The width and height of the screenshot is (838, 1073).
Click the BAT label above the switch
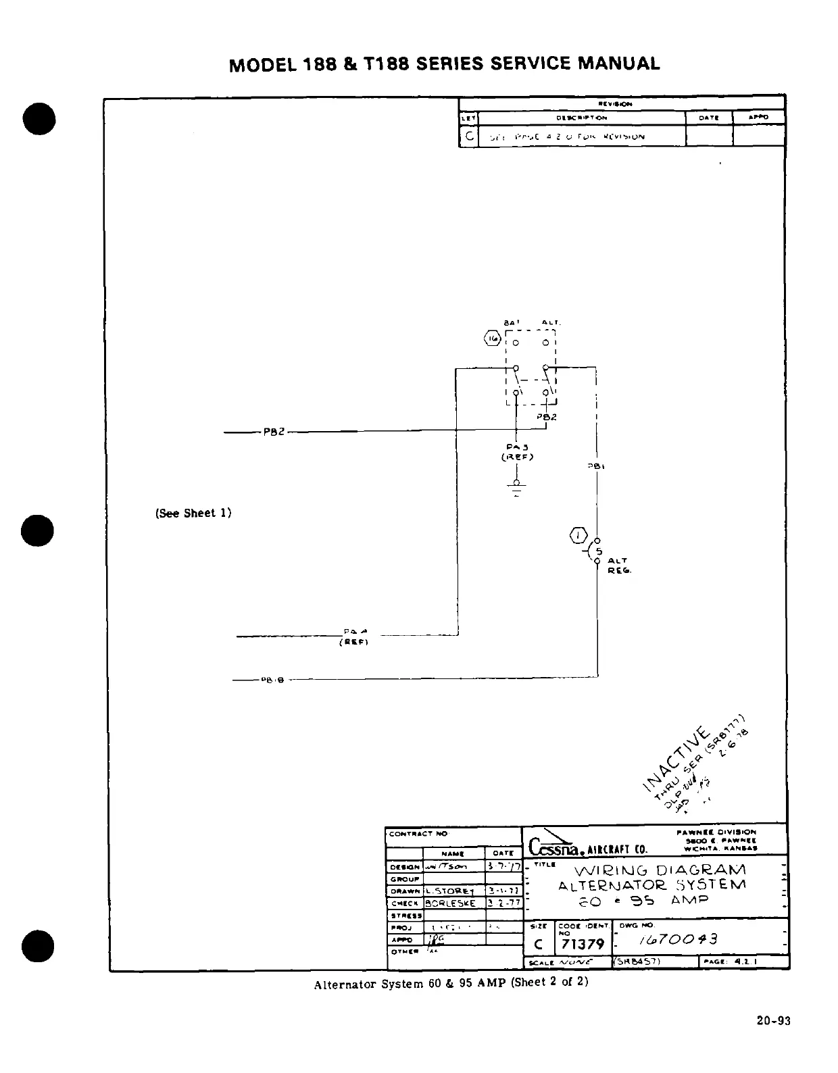[x=511, y=323]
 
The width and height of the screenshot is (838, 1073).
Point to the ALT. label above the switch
[x=551, y=323]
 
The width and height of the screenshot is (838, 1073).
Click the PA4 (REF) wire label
[x=353, y=637]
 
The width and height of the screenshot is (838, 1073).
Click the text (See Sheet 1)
[x=193, y=513]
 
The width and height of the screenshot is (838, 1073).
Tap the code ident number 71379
[x=583, y=943]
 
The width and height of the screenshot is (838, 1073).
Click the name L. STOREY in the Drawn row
[x=449, y=891]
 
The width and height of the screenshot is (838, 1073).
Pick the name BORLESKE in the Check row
[x=450, y=903]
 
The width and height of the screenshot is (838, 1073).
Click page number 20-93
[x=773, y=1021]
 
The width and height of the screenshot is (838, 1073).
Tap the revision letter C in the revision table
[x=468, y=136]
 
